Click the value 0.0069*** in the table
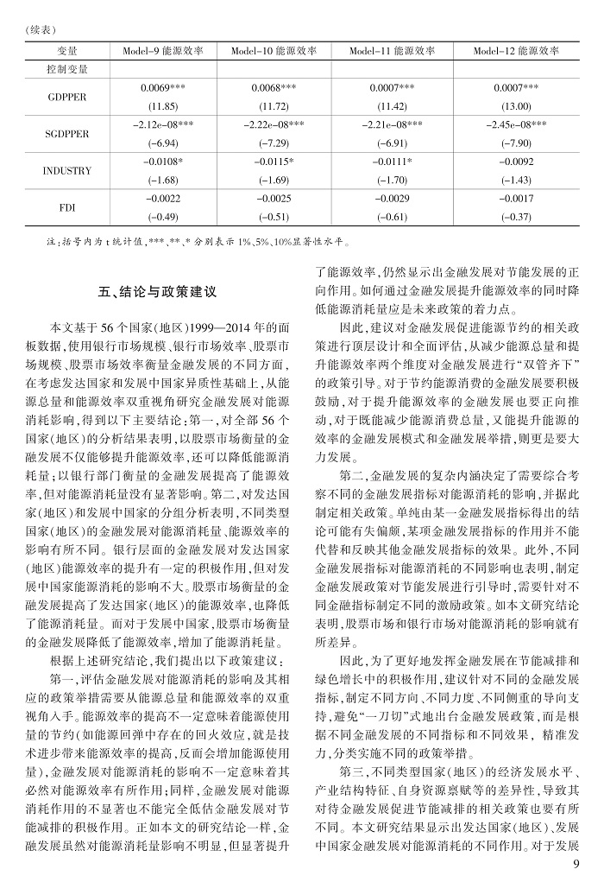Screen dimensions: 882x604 (x=162, y=88)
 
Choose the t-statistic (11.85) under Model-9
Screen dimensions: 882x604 (x=162, y=106)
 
